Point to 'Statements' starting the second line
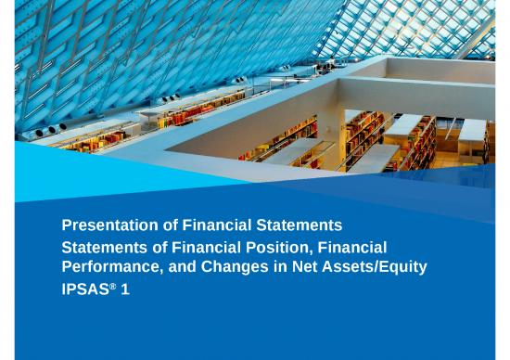[x=101, y=248]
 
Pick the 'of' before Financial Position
[x=152, y=248]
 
